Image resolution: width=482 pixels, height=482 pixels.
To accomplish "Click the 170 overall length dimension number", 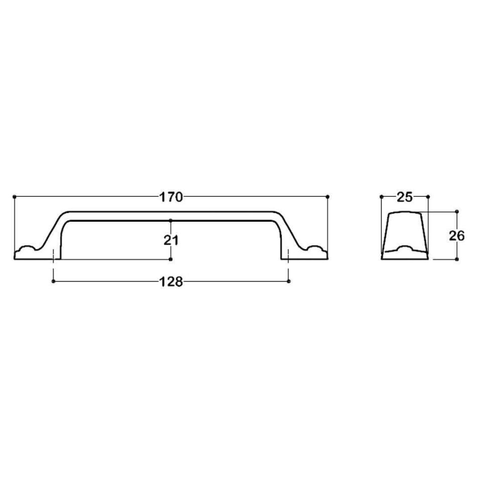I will (171, 197).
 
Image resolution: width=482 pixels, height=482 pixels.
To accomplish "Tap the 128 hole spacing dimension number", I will (171, 282).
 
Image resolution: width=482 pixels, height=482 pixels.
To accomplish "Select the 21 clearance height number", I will (171, 240).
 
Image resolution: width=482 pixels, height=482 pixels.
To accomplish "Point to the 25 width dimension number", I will (405, 197).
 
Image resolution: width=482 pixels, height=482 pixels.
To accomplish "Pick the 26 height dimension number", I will (457, 235).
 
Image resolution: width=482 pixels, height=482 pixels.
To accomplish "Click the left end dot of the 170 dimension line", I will (15, 196).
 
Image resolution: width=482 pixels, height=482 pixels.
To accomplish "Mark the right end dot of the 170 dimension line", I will (327, 196).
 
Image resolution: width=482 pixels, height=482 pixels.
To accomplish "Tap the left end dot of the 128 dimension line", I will (53, 282).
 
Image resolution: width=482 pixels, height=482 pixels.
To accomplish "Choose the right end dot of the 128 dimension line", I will (289, 282).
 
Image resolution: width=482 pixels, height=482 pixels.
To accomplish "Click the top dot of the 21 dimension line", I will (171, 220).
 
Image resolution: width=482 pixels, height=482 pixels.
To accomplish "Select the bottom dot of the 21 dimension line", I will (171, 259).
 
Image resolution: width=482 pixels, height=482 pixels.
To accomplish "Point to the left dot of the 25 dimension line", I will (382, 196).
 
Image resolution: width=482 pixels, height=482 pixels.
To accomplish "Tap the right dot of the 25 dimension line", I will (428, 196).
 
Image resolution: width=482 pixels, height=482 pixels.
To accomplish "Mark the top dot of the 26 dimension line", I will (457, 211).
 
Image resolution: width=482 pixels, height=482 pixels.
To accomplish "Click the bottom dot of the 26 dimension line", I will (457, 259).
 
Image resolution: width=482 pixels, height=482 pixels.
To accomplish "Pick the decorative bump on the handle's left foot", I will (26, 249).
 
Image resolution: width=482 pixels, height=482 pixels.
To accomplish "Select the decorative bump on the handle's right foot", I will (316, 249).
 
